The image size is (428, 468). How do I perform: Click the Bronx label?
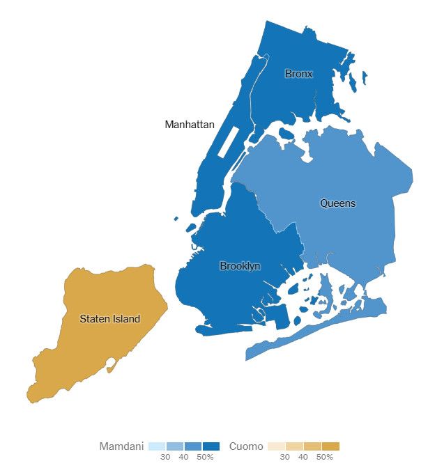point(298,74)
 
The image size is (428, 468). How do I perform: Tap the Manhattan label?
point(189,125)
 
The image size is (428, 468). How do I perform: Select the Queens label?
point(337,203)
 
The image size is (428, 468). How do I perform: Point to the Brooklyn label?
point(240,266)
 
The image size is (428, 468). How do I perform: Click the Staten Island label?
point(109,319)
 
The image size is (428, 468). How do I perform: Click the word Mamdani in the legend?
point(121,446)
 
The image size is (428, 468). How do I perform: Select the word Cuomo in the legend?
point(246,446)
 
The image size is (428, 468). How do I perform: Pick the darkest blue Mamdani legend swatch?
point(211,446)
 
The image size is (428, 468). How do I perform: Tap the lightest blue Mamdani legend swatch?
point(157,446)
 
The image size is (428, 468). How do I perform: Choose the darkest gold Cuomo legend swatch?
point(330,446)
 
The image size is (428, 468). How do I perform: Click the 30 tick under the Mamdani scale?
point(165,457)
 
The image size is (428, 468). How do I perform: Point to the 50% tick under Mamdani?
point(205,457)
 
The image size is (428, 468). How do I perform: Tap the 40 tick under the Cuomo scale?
point(303,457)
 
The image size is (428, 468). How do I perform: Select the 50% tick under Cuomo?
point(324,457)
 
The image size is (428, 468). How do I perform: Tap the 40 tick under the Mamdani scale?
point(183,457)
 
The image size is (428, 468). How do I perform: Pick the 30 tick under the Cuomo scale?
point(285,457)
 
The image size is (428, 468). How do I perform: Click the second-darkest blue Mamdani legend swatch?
point(192,446)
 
